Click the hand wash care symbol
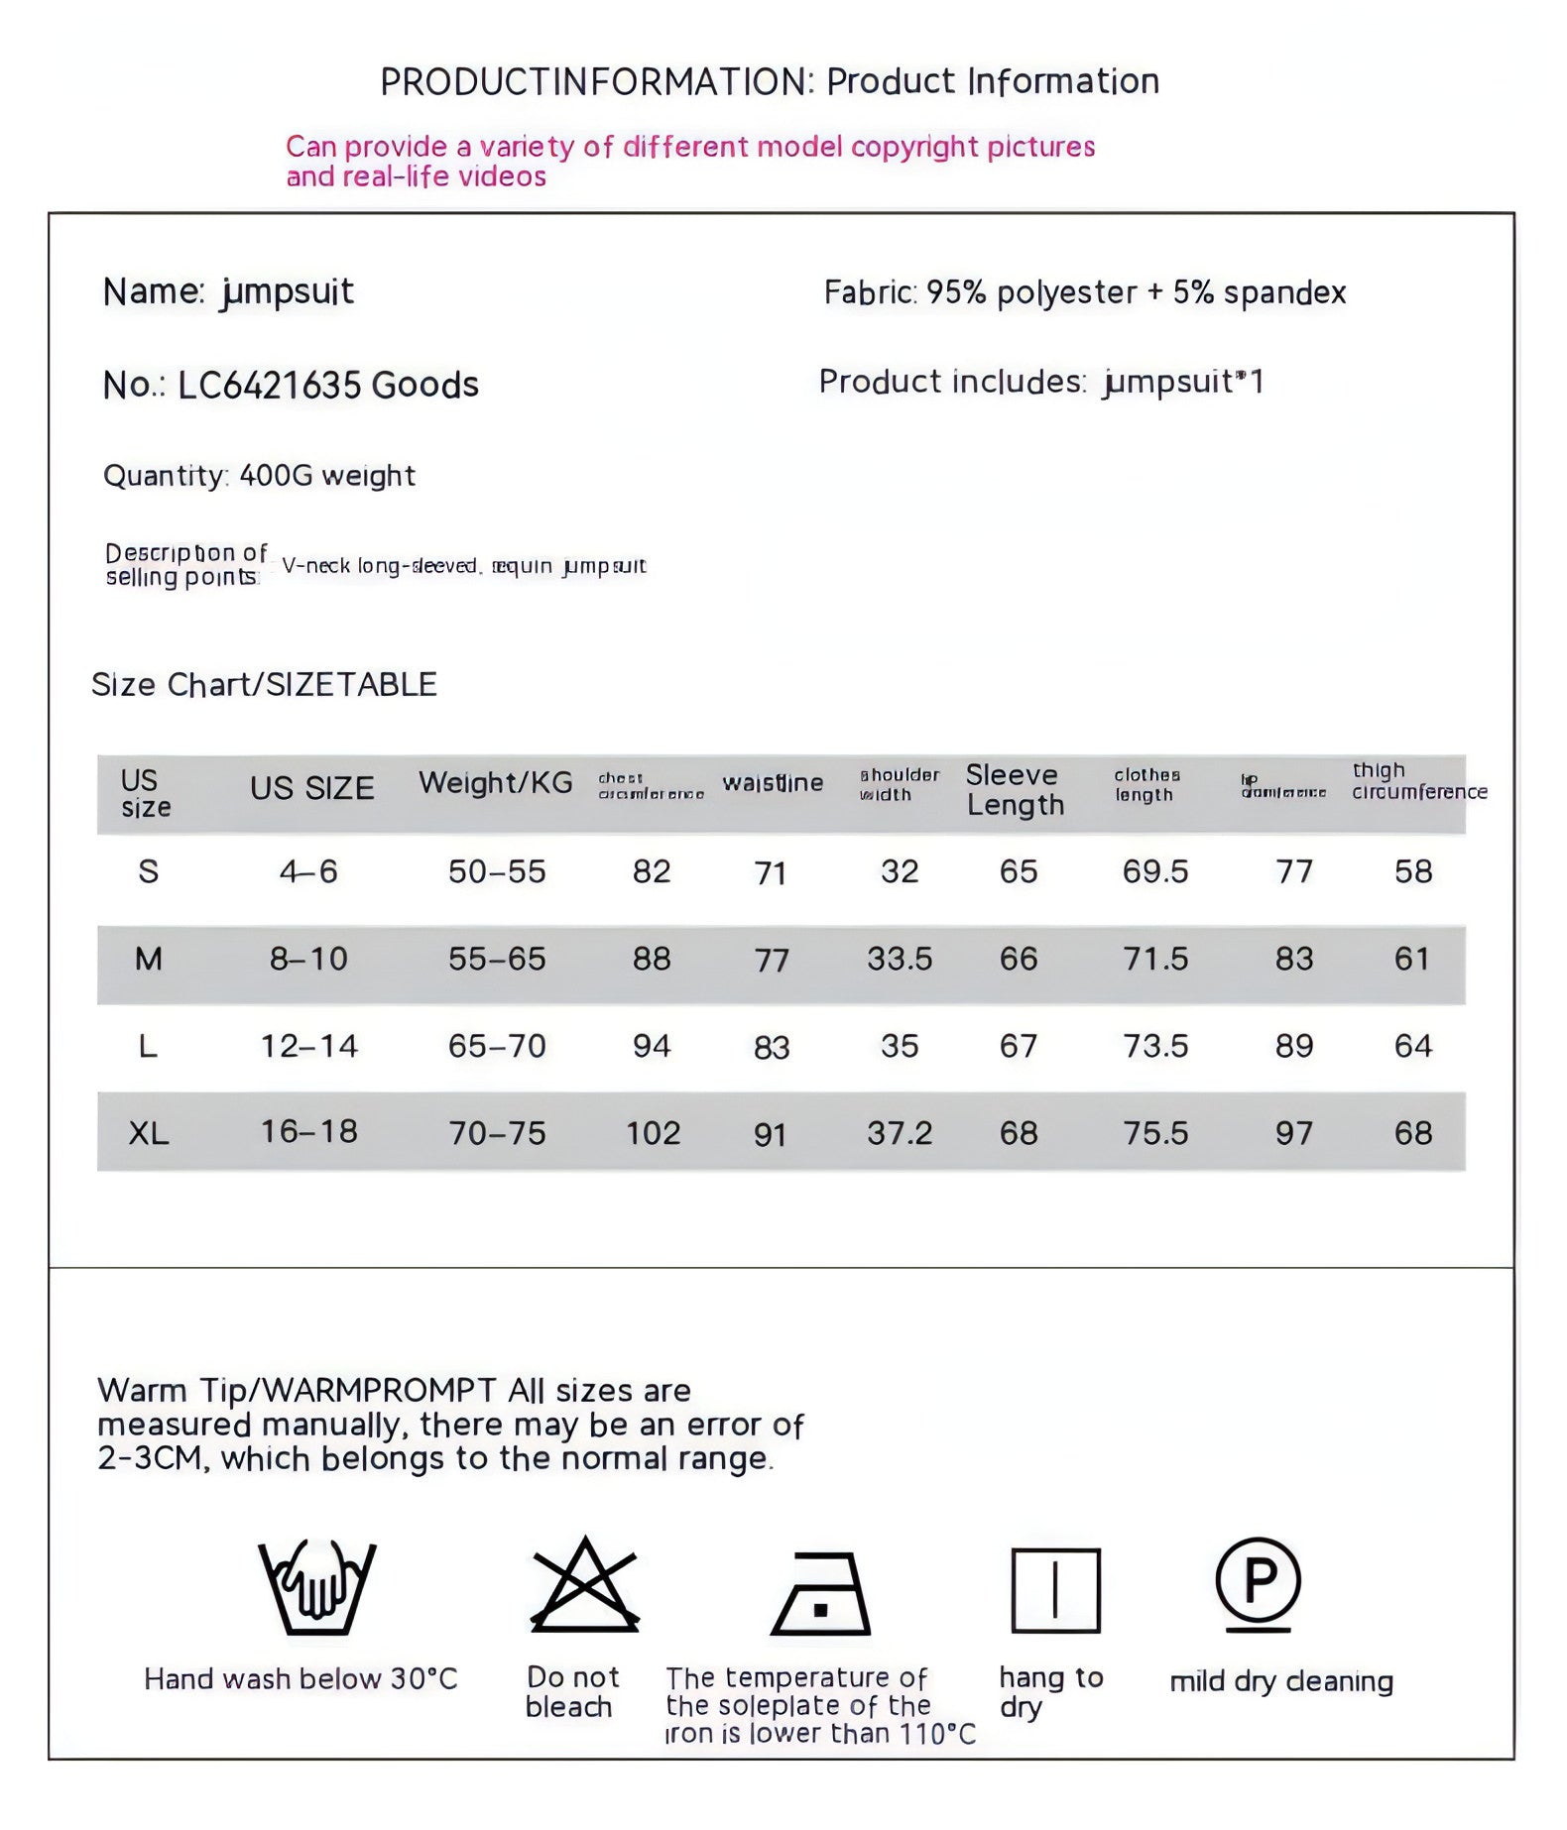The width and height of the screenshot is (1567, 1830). (x=317, y=1587)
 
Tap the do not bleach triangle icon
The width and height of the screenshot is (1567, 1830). (x=585, y=1586)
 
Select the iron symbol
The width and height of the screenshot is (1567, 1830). (x=821, y=1594)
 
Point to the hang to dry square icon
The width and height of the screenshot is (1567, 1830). (x=1055, y=1590)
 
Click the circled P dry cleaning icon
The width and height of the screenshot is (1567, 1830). (x=1258, y=1583)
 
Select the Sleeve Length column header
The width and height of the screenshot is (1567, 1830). (x=1015, y=790)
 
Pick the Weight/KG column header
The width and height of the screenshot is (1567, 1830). (x=495, y=783)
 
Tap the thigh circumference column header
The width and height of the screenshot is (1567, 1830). (x=1418, y=781)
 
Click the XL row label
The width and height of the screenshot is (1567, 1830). (x=149, y=1132)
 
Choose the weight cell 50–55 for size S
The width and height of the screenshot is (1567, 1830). (x=497, y=871)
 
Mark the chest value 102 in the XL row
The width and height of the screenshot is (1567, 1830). (x=653, y=1132)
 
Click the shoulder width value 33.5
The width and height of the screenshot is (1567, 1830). (x=900, y=959)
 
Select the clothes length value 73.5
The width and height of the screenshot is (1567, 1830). (x=1155, y=1046)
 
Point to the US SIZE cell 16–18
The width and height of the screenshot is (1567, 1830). (x=308, y=1131)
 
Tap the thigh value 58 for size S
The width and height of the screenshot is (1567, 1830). (x=1413, y=871)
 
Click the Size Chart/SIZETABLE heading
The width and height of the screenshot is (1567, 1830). (x=264, y=685)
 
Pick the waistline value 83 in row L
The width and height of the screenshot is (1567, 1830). (x=772, y=1048)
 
